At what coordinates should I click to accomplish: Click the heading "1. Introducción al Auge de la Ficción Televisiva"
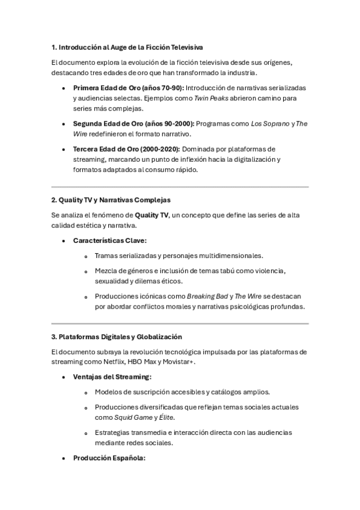tap(127, 47)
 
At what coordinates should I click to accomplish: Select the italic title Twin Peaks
tap(210, 98)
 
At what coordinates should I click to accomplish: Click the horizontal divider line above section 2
tap(180, 187)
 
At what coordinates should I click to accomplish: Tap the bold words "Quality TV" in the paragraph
tap(151, 215)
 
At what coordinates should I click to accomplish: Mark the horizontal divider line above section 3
tap(180, 324)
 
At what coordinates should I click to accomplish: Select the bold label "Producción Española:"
tap(109, 458)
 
